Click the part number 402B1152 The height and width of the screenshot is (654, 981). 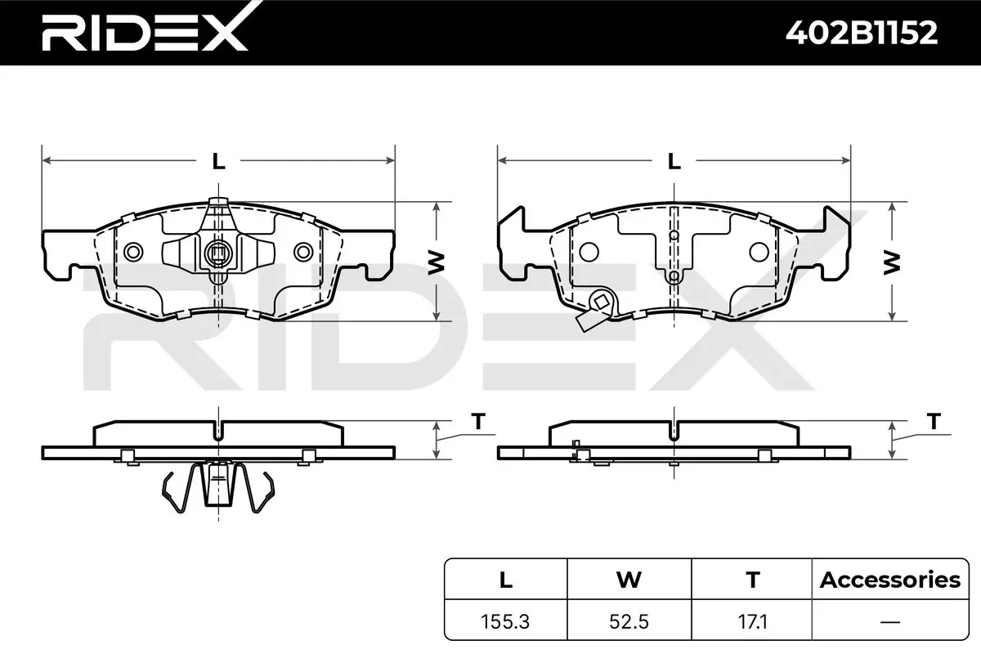862,33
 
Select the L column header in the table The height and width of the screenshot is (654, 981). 506,580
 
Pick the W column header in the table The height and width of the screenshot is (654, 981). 629,580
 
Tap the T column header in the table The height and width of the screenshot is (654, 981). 752,580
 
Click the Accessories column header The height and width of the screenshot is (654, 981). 890,580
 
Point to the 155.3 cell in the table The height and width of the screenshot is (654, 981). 505,621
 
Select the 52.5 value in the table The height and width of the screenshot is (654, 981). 629,621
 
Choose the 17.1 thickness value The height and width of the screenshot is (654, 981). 752,621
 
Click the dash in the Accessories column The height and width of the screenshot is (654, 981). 890,621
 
